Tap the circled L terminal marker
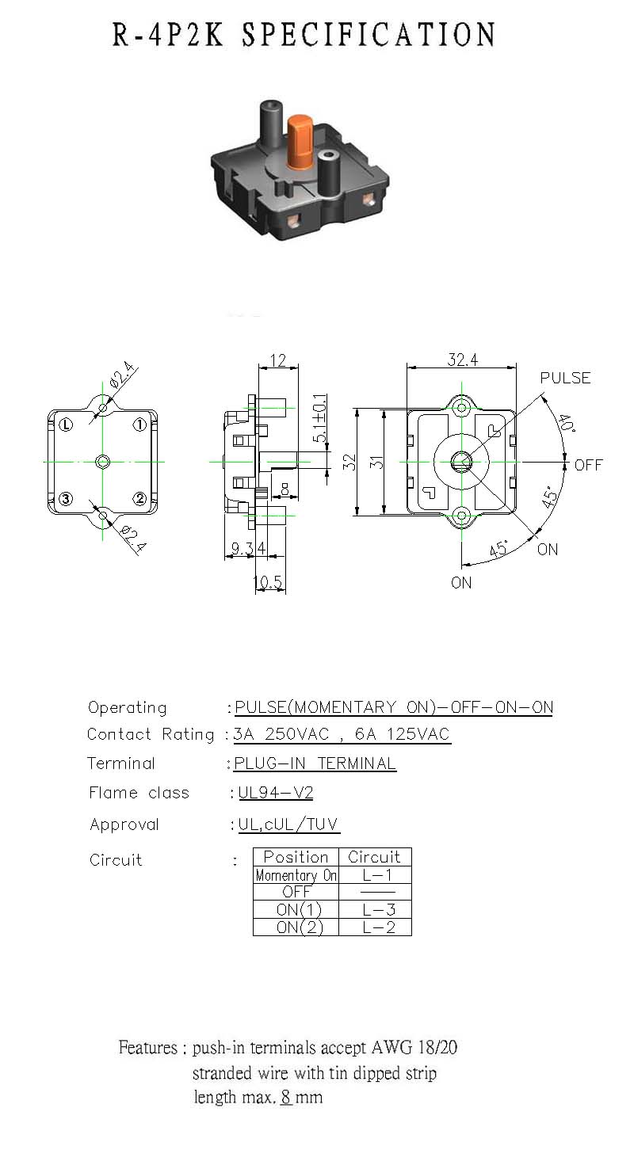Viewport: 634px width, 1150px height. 66,425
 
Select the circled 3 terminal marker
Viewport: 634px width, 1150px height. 66,498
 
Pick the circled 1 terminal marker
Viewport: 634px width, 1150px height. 139,425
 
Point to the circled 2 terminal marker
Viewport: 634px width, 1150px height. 139,498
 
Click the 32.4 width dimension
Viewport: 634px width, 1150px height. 462,360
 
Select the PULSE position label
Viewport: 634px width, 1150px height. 565,378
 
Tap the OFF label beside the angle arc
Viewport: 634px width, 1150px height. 588,465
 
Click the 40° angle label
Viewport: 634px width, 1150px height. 566,424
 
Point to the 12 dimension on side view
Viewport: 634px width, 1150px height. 277,360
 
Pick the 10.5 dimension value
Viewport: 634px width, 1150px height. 268,582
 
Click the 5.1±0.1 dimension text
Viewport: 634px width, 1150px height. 319,418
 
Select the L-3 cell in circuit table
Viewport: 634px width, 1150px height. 379,910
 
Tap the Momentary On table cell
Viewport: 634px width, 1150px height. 296,875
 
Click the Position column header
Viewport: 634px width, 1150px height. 296,857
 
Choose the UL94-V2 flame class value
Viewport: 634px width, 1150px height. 275,793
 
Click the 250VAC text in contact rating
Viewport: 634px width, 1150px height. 297,734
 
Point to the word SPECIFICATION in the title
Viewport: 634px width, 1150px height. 369,35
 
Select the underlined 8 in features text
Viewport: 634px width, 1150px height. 286,1097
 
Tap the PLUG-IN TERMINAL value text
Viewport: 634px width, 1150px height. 315,763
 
